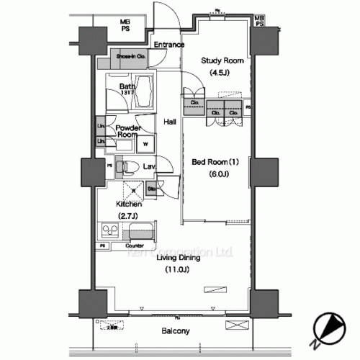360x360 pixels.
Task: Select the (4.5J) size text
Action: coord(220,73)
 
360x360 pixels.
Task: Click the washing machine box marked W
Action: coord(146,143)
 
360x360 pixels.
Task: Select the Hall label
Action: coord(170,122)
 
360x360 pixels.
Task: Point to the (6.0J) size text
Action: coord(220,174)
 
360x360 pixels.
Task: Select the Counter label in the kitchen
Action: coord(143,246)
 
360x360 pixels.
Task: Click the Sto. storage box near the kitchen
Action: coord(152,189)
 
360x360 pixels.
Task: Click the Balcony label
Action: coord(174,331)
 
